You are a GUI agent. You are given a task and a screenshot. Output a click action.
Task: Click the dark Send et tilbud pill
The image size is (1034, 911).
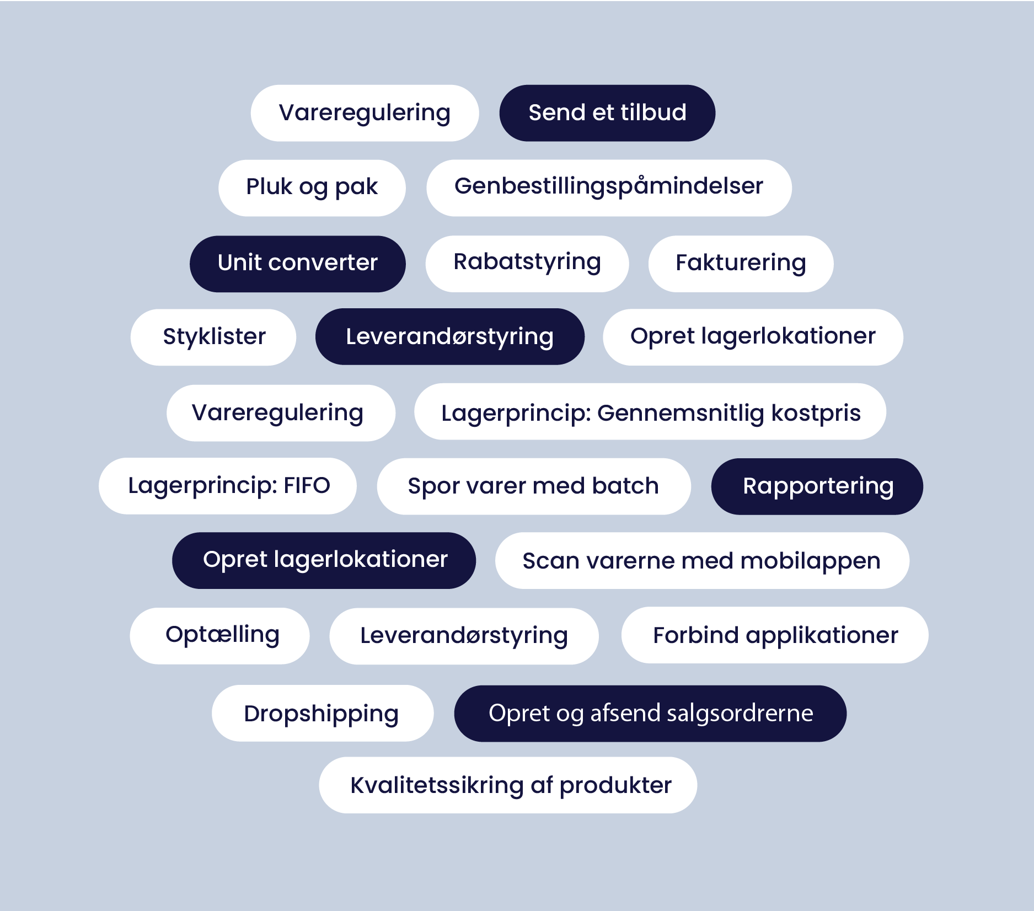(607, 113)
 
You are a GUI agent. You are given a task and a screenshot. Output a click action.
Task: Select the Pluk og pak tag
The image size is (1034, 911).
(312, 188)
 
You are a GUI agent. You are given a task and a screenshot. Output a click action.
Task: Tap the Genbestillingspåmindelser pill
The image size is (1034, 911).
(609, 188)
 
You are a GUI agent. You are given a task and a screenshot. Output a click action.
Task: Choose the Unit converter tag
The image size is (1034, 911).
(298, 264)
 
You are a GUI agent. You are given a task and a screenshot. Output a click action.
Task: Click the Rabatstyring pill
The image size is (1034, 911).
(527, 264)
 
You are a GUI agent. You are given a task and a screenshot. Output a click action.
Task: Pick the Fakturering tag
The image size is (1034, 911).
(741, 264)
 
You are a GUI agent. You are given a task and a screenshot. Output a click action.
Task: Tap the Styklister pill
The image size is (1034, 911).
(213, 337)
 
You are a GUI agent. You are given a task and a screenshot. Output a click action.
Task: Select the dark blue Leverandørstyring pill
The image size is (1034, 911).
(450, 337)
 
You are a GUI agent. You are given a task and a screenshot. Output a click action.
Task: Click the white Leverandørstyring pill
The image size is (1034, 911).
(464, 636)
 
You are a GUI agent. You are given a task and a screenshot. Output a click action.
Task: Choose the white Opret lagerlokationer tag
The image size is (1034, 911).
(753, 337)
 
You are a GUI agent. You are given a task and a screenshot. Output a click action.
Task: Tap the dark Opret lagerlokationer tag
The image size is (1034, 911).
(324, 560)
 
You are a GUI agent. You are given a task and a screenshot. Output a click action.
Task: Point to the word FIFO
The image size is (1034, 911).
(307, 485)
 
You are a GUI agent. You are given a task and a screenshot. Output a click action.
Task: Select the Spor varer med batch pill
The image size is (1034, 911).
(534, 486)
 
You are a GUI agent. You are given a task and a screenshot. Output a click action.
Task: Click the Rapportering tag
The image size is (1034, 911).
(817, 486)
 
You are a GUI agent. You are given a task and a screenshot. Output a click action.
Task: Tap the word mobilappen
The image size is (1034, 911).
(811, 561)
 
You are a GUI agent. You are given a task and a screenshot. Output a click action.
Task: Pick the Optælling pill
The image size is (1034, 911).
(219, 636)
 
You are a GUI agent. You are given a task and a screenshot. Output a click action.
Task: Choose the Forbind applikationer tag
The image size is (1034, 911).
(775, 635)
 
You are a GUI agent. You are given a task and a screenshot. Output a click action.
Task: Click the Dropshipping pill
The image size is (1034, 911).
(323, 714)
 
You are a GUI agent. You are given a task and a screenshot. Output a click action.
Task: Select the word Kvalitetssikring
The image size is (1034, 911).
(437, 785)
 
